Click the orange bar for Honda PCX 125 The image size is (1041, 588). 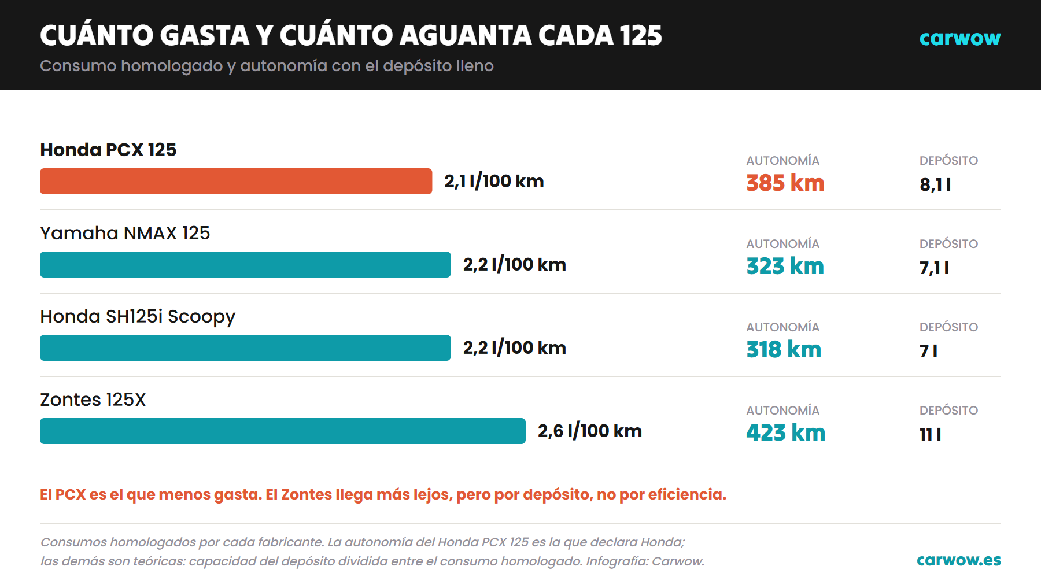click(236, 181)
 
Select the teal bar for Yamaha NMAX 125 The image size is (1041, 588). click(245, 264)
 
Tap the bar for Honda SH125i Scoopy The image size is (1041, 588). click(245, 347)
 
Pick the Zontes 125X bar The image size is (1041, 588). click(283, 431)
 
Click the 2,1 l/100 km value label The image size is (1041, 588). click(494, 182)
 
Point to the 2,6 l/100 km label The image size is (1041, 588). click(590, 431)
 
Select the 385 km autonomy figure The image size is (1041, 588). click(785, 183)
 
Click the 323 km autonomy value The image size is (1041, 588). click(785, 267)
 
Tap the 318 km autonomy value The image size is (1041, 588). click(784, 350)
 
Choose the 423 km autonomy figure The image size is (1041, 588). click(786, 433)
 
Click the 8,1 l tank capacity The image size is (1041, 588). click(935, 185)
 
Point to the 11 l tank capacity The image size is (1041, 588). click(931, 435)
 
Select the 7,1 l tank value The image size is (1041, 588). click(935, 268)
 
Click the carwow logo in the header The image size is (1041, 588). click(960, 38)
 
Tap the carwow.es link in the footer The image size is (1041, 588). click(959, 560)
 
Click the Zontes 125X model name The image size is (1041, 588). click(93, 400)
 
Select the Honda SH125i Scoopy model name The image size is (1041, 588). click(138, 317)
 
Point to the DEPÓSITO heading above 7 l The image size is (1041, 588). click(949, 327)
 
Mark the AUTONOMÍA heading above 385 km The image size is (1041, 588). click(783, 160)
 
